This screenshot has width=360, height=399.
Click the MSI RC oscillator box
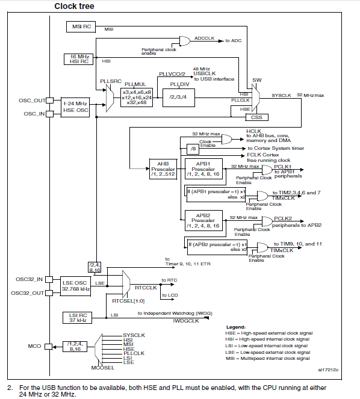(81, 26)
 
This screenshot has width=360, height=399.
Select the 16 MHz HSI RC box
(78, 59)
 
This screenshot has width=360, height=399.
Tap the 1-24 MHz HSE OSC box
(75, 107)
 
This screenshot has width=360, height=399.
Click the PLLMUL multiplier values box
(137, 97)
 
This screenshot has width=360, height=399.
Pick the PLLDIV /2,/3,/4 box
(179, 97)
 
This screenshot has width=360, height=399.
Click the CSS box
(257, 117)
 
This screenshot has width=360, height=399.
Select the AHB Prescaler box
(163, 169)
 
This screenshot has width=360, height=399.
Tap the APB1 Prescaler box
(203, 169)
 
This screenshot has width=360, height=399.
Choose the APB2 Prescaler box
(203, 220)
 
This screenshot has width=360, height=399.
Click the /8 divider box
(193, 149)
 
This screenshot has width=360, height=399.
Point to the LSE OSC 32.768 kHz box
(75, 286)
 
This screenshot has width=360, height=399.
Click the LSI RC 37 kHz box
(78, 318)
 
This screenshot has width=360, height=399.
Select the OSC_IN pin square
(49, 114)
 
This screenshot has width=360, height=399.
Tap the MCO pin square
(48, 347)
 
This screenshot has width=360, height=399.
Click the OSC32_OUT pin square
(49, 293)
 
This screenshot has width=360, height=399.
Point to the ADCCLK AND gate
(185, 41)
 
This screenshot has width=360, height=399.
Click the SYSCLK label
(281, 96)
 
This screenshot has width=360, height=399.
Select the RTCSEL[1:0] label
(128, 301)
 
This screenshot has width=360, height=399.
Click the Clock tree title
(74, 6)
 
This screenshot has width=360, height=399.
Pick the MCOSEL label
(103, 368)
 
